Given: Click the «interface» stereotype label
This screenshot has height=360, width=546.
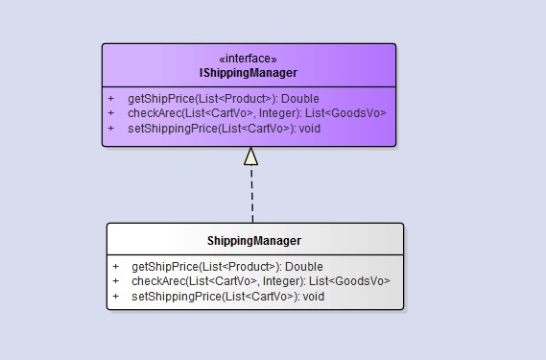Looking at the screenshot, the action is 248,59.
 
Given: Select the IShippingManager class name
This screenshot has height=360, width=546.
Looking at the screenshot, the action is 249,73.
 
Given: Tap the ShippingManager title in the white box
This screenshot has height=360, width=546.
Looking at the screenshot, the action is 254,241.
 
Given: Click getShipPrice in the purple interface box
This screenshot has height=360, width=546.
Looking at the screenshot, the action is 161,99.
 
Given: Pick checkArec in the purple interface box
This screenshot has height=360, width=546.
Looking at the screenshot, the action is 154,113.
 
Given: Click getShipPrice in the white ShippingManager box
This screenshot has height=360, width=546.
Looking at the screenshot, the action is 165,267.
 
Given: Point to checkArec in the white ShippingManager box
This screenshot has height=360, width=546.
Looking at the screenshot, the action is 158,281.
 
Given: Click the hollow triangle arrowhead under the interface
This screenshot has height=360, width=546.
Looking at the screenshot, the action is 251,156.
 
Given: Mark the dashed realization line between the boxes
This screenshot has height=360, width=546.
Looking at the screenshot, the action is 252,194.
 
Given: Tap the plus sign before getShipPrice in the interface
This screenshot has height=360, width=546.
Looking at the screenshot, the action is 110,99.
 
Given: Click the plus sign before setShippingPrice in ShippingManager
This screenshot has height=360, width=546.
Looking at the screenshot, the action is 115,297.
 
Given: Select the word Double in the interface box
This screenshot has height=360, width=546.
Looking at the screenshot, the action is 300,99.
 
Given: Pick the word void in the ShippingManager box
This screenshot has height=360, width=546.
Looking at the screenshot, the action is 314,297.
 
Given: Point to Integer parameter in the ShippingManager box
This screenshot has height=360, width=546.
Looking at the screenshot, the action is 283,281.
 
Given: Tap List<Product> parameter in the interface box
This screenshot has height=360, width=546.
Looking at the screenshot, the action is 235,99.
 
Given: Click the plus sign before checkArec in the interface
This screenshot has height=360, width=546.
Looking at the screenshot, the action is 110,113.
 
